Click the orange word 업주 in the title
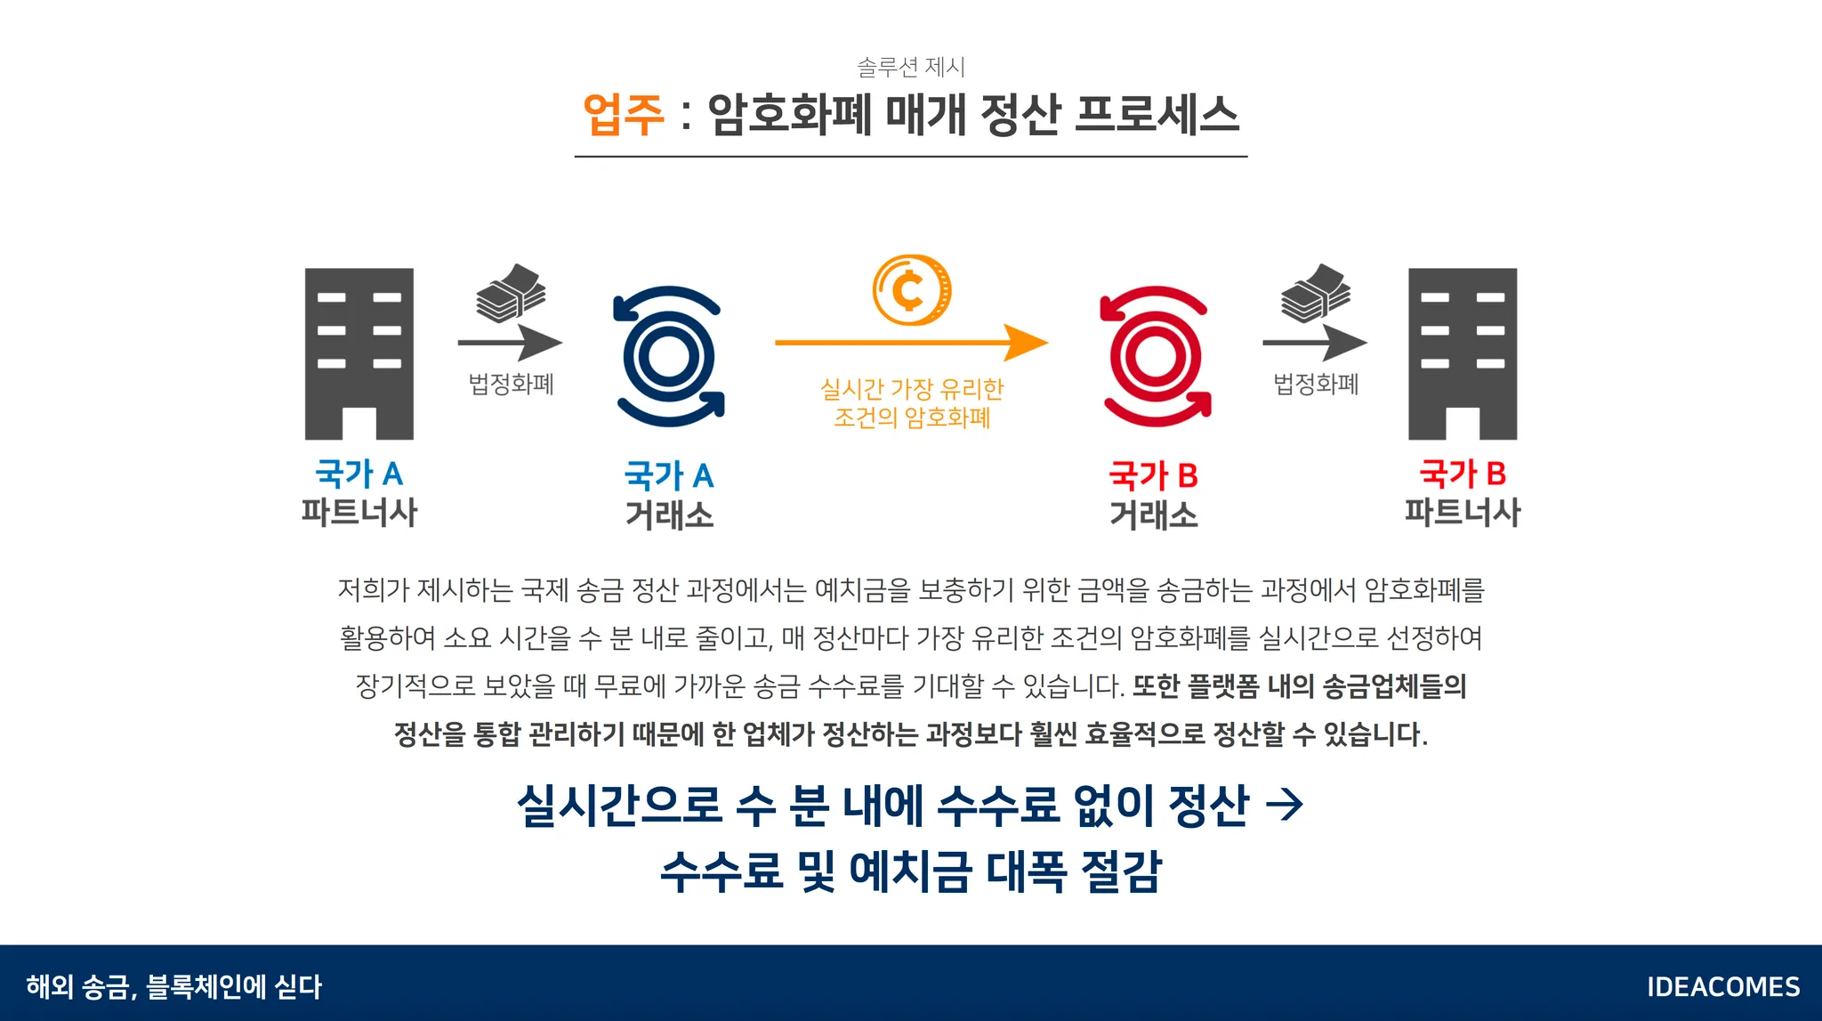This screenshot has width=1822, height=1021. [623, 115]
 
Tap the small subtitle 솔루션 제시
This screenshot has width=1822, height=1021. [910, 67]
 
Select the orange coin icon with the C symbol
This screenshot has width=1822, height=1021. [911, 290]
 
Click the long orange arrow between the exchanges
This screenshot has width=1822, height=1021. [910, 342]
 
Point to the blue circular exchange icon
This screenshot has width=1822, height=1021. [668, 356]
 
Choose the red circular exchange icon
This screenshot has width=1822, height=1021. [1155, 356]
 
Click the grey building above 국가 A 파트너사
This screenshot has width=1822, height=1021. [359, 353]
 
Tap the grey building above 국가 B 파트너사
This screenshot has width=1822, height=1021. [1462, 353]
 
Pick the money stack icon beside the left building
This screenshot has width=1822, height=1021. [511, 293]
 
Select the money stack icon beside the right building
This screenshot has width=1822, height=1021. [1315, 293]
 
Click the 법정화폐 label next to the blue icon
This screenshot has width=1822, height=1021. [511, 385]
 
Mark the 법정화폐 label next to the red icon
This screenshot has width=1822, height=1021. [1315, 385]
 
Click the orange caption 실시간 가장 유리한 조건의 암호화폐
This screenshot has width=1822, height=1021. [911, 403]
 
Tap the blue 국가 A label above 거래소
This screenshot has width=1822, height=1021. [668, 476]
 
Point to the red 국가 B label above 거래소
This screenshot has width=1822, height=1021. [1153, 476]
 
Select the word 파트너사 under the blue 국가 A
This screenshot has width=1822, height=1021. [359, 513]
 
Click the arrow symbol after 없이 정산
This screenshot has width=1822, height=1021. [1284, 805]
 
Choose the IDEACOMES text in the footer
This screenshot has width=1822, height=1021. [1722, 986]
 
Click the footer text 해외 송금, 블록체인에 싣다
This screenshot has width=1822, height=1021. [173, 986]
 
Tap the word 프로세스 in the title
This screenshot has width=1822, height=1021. [1156, 115]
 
